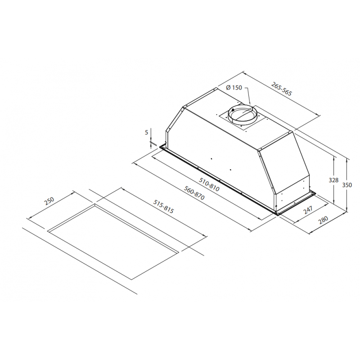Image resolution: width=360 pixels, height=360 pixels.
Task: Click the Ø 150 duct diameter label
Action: [x=234, y=87]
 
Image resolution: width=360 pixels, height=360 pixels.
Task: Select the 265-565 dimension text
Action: [x=282, y=89]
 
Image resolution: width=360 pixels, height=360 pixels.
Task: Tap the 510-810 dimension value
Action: [x=209, y=185]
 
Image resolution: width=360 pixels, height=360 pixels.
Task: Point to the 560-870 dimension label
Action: [x=194, y=193]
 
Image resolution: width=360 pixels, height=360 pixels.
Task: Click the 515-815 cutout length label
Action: [x=164, y=207]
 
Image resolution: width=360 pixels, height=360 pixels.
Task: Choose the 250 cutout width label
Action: [x=49, y=201]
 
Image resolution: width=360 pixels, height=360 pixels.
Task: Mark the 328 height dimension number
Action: [x=333, y=180]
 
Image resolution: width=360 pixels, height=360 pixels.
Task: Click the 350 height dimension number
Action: [x=347, y=185]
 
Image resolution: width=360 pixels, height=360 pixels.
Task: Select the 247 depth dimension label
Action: [x=308, y=210]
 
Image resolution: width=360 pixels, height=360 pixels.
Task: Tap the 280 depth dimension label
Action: [x=323, y=220]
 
